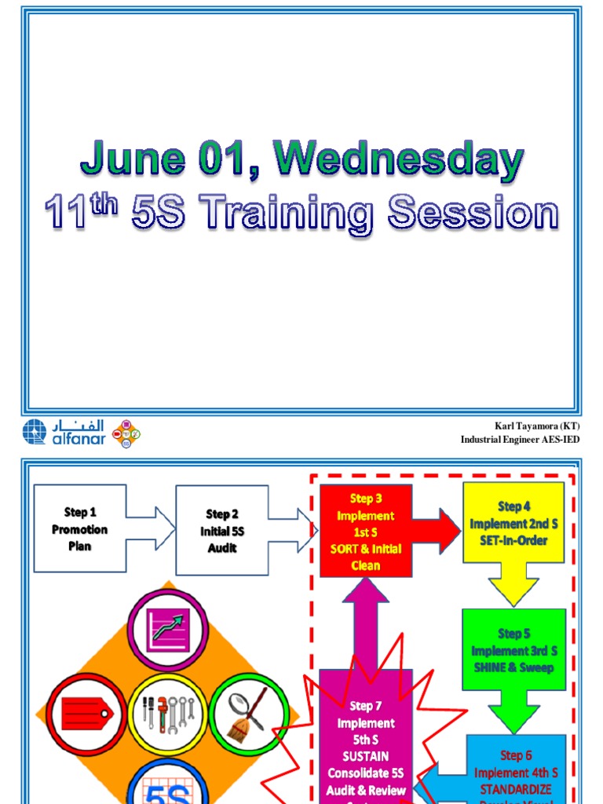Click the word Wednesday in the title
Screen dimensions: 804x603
coord(400,160)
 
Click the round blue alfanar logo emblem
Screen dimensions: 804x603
coord(34,432)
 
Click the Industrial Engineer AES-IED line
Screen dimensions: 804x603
coord(520,440)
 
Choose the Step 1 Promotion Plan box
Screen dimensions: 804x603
coord(79,528)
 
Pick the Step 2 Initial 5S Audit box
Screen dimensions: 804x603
coord(222,531)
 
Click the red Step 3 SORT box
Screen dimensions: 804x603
coord(366,532)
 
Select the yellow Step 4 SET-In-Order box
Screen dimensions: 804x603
coord(513,523)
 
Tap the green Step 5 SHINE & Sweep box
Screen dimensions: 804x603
coord(513,649)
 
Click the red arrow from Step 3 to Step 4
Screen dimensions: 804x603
coord(437,532)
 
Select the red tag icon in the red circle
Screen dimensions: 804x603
coord(86,714)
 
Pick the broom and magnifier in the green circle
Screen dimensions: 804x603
coord(248,713)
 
